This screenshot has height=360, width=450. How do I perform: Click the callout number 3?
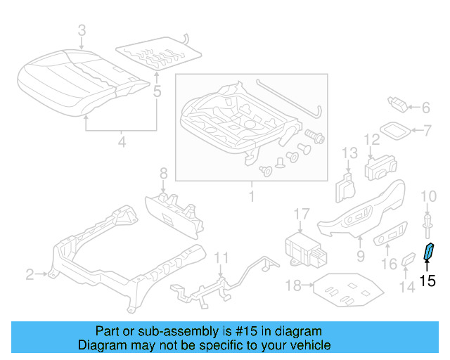point(82,30)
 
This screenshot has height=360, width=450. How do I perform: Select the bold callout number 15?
point(427,281)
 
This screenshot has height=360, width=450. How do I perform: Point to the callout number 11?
point(221,257)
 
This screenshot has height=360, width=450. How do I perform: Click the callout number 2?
point(30,274)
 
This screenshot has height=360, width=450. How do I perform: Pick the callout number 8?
point(163,172)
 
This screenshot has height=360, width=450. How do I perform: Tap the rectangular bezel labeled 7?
point(397,130)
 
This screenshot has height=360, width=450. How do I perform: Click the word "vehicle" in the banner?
point(307,345)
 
